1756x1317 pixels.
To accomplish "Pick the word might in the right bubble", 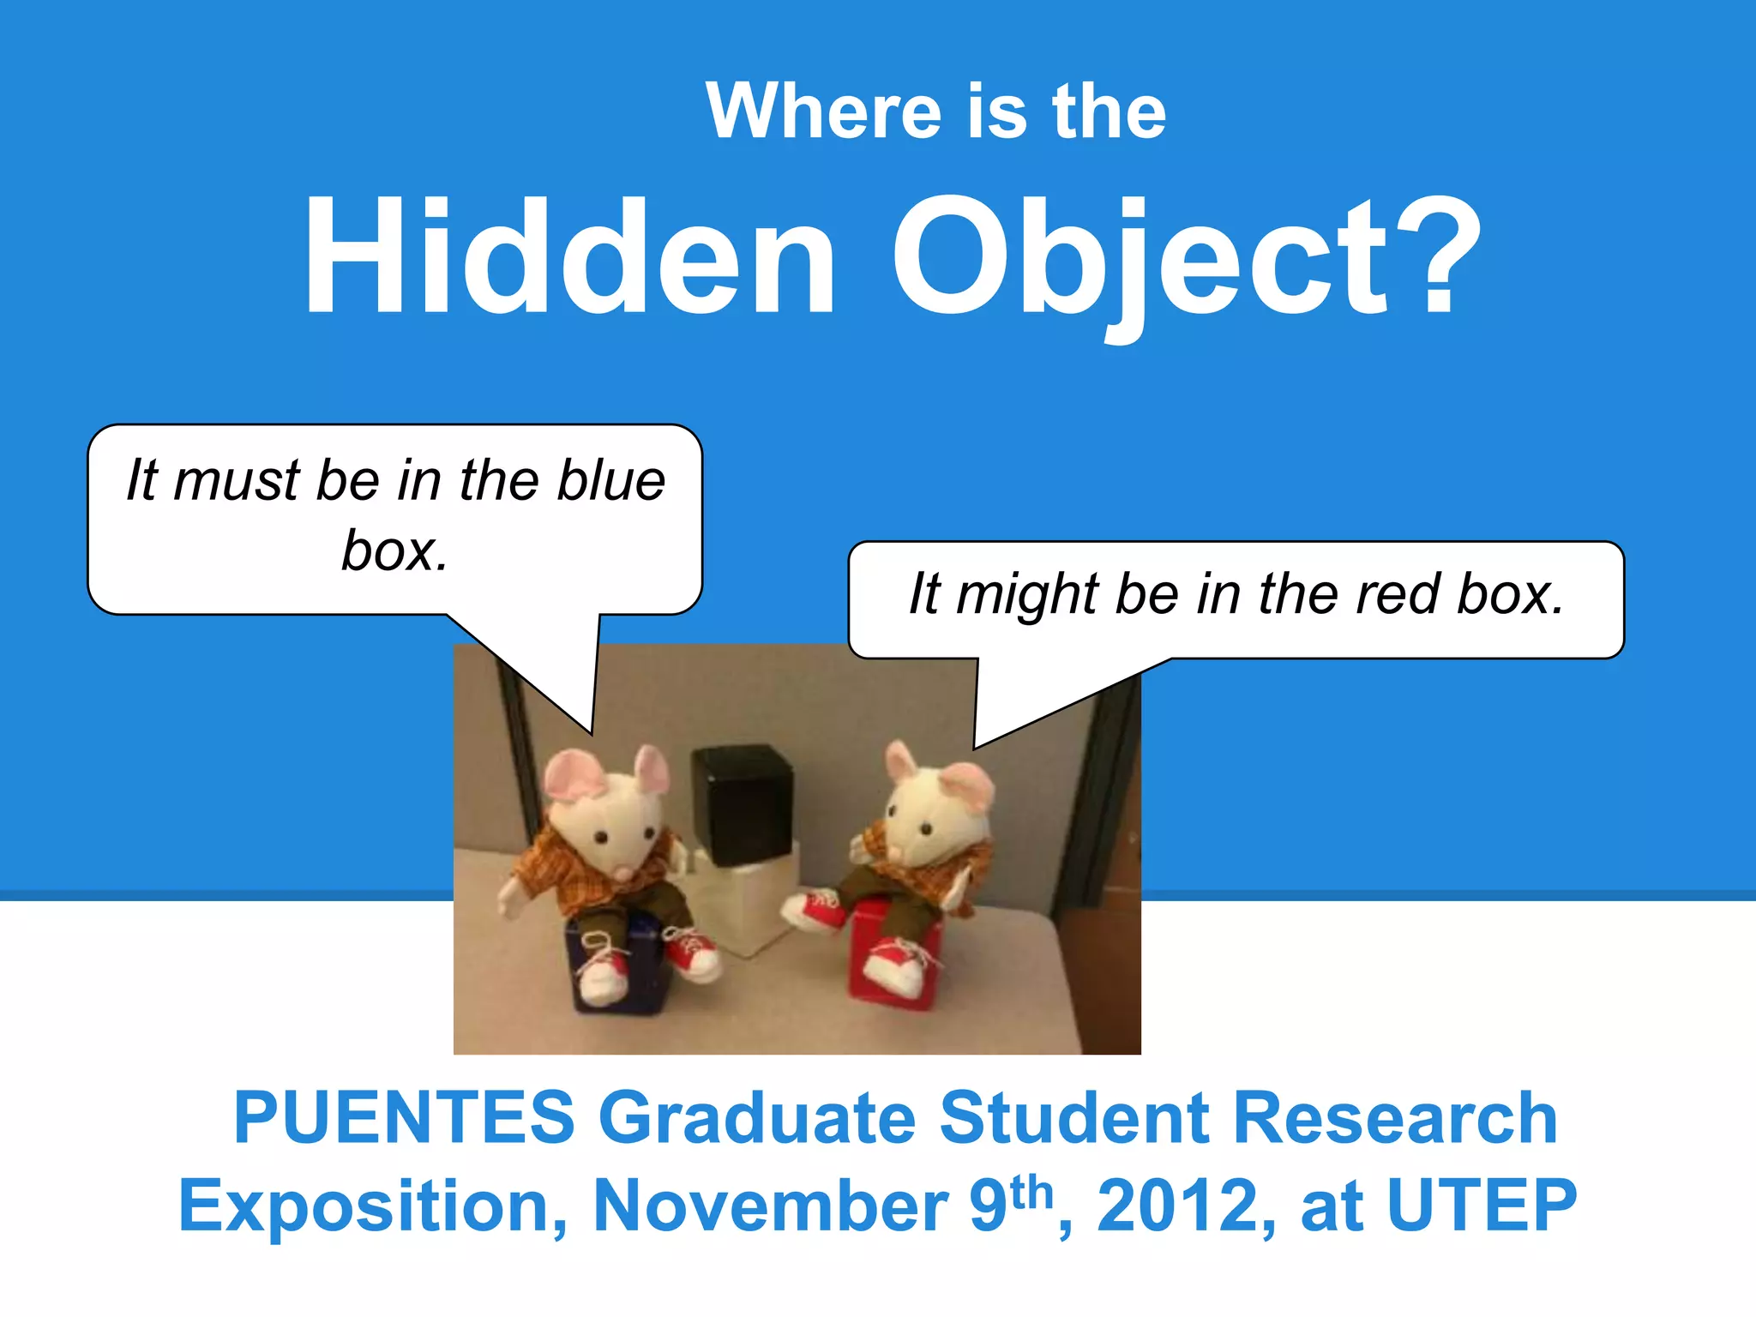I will pos(1027,595).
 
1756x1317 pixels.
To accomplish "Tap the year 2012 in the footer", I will pos(1176,1206).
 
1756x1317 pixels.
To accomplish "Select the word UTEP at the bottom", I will pos(1481,1206).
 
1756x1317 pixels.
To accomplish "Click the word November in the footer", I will pos(770,1206).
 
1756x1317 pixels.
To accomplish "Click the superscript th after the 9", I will pos(1031,1192).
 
